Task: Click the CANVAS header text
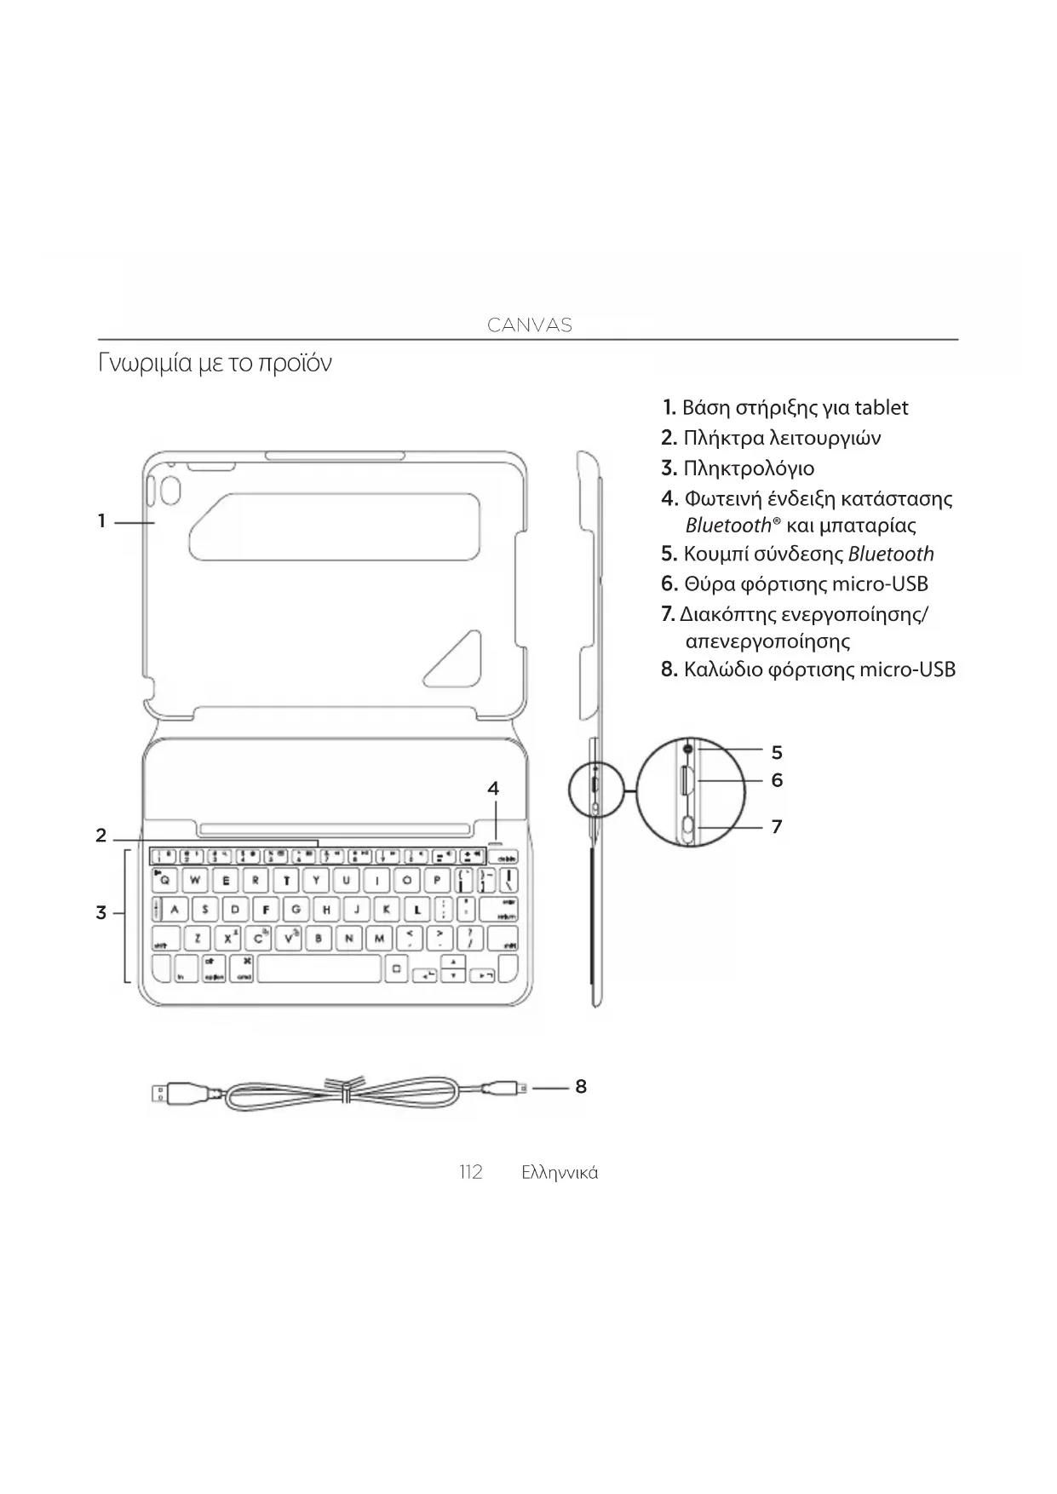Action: pos(529,325)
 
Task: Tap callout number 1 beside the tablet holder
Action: pos(101,520)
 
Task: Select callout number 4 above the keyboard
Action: pos(493,789)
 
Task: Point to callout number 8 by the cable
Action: pos(581,1086)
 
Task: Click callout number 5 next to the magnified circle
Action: pos(777,752)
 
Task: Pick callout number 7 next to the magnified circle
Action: pos(777,826)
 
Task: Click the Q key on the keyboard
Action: pos(165,880)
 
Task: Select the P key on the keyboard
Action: pos(436,880)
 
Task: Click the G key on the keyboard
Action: pos(296,909)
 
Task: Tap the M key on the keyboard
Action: pos(379,939)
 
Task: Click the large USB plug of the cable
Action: pos(181,1092)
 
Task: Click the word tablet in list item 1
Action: pos(881,408)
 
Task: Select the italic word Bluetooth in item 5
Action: pos(891,555)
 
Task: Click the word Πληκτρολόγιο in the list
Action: pos(749,468)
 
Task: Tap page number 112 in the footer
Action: pos(470,1172)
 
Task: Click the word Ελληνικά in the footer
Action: pos(560,1173)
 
